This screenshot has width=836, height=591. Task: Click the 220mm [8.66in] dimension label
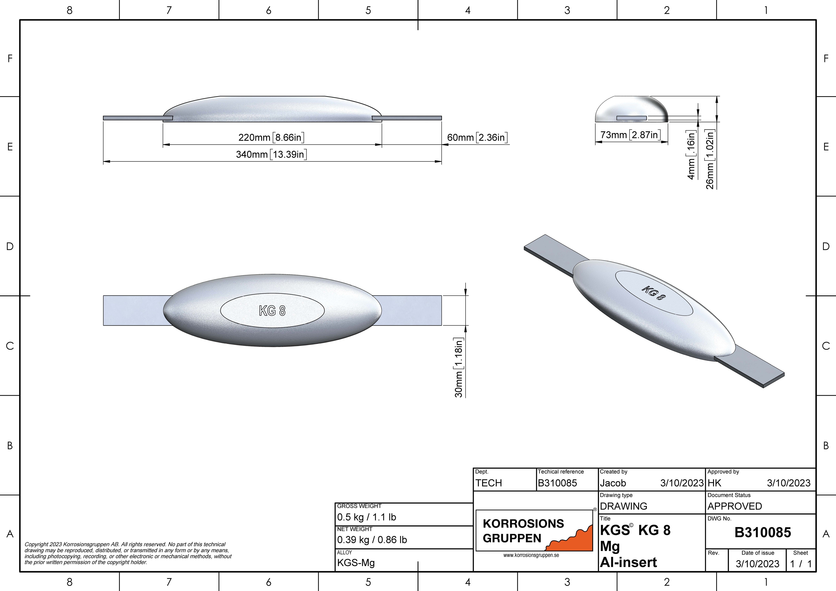click(271, 138)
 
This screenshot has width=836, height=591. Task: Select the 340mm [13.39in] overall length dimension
click(271, 154)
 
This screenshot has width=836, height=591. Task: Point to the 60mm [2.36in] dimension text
click(477, 138)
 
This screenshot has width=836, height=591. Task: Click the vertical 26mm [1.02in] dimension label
click(710, 159)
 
